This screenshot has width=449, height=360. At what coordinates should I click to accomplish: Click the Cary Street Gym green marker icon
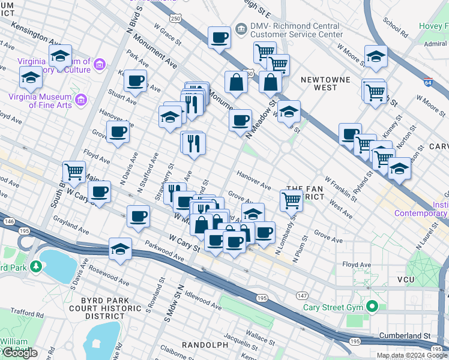click(x=372, y=307)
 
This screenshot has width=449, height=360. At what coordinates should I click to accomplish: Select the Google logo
click(x=20, y=353)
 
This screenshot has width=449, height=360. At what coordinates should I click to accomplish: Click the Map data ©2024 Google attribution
click(x=412, y=355)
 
